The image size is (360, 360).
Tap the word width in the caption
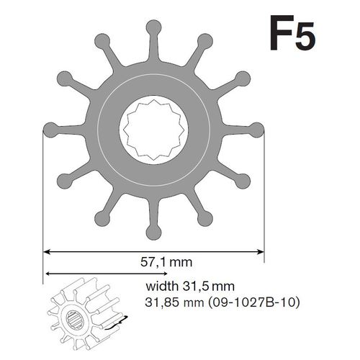[x=163, y=287]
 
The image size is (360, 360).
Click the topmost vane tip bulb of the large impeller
[x=153, y=27]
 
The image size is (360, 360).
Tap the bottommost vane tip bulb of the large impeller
[x=153, y=232]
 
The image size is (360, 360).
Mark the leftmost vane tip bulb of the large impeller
[x=50, y=130]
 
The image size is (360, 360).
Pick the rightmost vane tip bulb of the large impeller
[x=257, y=130]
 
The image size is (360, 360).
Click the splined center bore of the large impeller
[x=153, y=130]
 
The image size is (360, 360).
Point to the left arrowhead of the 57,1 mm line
[x=48, y=251]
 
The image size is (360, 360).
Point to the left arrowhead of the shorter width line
[x=48, y=274]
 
